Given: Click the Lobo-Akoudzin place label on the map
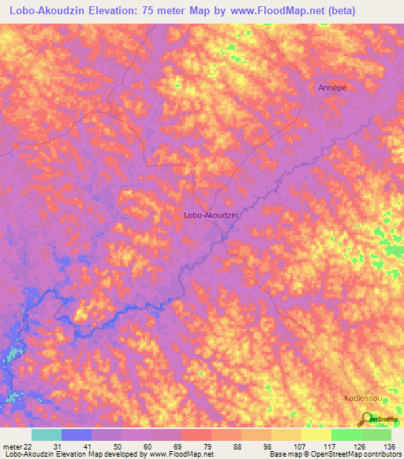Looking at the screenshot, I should point(210,214).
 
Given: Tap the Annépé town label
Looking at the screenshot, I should point(332,88).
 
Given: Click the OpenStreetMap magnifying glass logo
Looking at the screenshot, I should point(368,420).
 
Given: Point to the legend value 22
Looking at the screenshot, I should point(28,446).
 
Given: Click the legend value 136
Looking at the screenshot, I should point(390,446).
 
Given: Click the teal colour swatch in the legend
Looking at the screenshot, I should point(46,435).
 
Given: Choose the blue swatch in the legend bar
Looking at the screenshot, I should point(76,435).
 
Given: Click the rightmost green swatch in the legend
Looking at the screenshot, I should point(376,435).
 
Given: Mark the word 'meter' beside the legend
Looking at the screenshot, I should point(12,446).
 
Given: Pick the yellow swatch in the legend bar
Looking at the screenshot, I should point(316,435).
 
